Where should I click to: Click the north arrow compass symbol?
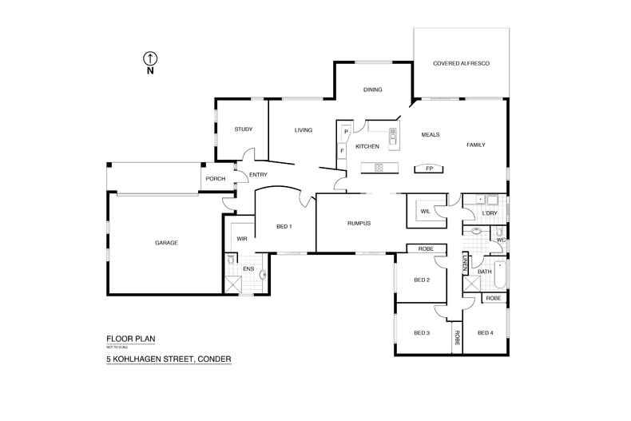(x=149, y=58)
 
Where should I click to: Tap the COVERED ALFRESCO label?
(x=461, y=62)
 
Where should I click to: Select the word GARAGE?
(x=166, y=243)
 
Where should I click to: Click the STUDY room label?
(x=243, y=129)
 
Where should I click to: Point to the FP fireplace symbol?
(x=430, y=169)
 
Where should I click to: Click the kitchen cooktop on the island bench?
(x=378, y=167)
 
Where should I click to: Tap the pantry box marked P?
(x=347, y=132)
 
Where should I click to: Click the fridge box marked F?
(x=343, y=149)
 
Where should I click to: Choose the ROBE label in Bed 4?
(x=493, y=298)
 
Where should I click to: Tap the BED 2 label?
(x=422, y=280)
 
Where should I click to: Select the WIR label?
(x=241, y=238)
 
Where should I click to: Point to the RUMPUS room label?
(x=359, y=223)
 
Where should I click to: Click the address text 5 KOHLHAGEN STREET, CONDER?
(x=169, y=359)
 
